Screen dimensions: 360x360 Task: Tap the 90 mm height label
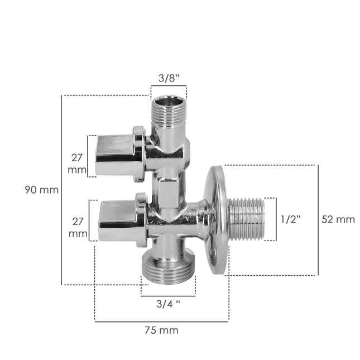41,190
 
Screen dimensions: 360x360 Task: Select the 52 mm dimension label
338,219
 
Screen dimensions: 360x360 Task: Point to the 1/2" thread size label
291,219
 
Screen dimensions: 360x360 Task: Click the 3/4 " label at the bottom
168,305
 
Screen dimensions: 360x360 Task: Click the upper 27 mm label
78,163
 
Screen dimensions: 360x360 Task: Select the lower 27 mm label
78,227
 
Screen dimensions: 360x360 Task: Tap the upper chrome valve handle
116,155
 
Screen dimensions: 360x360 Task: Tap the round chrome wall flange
215,219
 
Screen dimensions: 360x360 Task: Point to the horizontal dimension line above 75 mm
161,321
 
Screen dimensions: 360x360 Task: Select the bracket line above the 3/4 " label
168,295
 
